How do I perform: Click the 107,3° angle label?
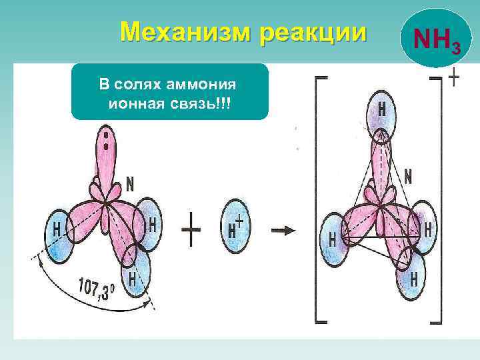tap(96, 289)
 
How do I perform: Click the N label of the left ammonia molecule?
tap(130, 181)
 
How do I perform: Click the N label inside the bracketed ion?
tap(408, 176)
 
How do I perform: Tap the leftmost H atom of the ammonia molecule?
tap(57, 231)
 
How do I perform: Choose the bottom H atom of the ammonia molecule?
tap(135, 274)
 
